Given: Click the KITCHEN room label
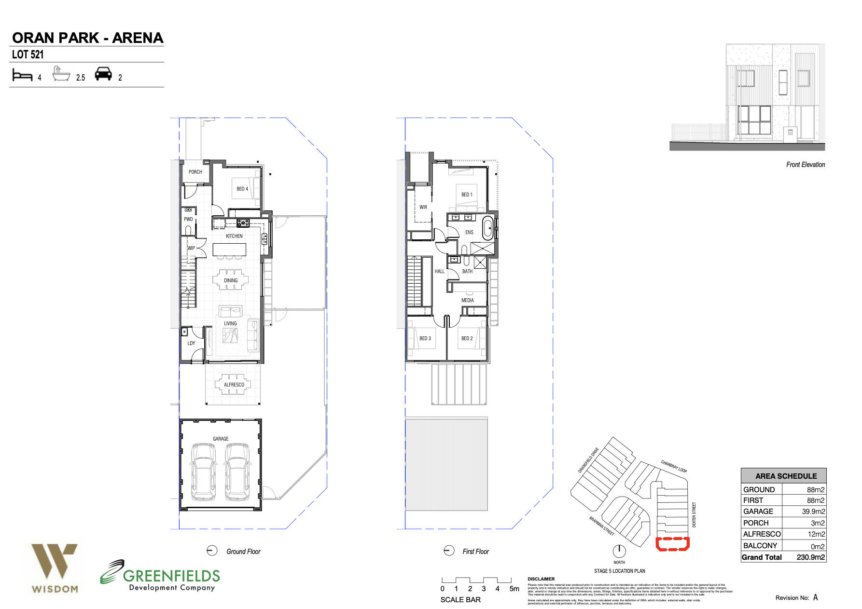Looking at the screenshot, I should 234,236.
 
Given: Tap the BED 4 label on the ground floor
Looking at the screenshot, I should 242,189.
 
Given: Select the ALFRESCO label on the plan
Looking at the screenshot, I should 234,385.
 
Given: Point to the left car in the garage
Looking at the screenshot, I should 203,471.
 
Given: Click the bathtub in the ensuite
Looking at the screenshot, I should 488,228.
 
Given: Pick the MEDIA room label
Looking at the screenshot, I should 467,300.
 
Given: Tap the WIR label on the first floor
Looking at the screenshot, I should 423,207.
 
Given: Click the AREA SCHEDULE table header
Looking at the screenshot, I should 786,476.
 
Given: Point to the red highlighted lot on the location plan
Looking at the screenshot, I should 672,544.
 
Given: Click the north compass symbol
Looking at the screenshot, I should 619,551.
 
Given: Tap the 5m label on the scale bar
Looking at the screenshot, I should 514,589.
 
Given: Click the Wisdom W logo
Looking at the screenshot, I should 54,561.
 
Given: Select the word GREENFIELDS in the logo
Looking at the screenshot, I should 171,575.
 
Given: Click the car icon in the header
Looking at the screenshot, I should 103,74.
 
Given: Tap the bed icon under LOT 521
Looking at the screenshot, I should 22,75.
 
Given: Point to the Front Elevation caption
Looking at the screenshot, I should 805,165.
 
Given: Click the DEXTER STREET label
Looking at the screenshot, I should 694,514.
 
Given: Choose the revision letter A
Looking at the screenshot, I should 815,597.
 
